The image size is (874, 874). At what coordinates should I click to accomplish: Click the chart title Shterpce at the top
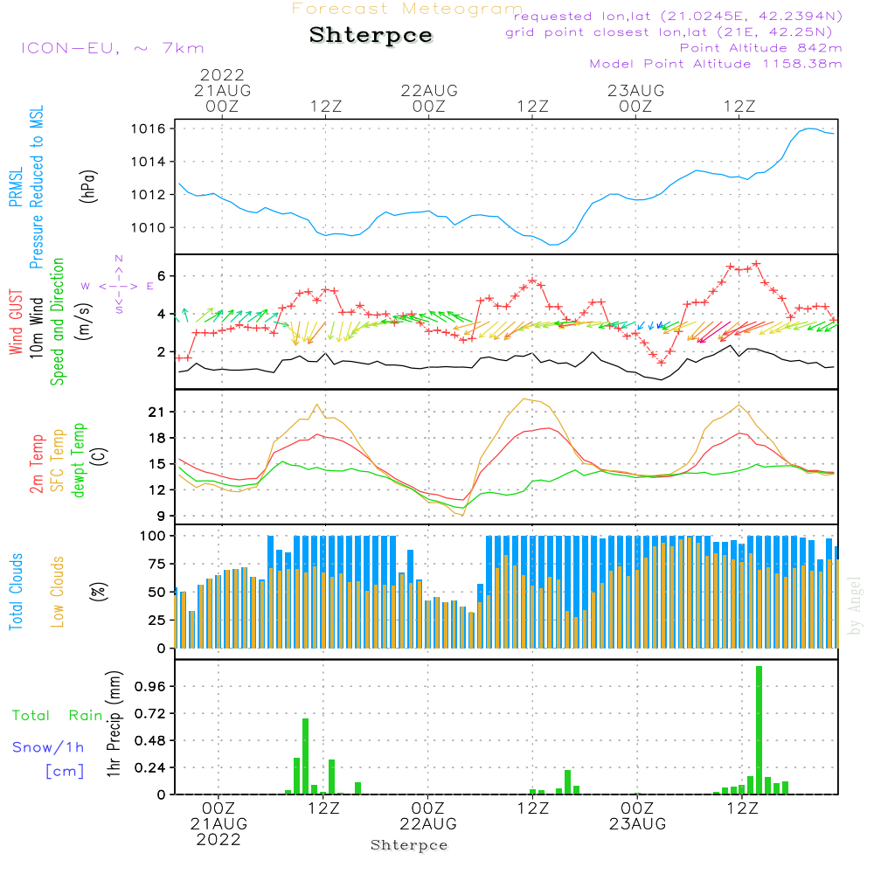coord(371,36)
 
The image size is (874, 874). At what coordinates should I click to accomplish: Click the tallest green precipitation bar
coord(759,730)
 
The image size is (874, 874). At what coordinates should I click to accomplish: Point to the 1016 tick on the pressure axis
coord(155,129)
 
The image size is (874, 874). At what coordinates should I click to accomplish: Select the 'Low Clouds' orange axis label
coord(59,591)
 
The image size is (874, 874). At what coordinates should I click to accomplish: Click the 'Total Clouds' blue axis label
coord(16,592)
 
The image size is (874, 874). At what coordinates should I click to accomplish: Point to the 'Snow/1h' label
coord(48,747)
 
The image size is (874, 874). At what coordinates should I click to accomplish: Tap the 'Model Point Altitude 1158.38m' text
coord(715,64)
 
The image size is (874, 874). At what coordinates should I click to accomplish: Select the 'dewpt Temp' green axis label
coord(80,460)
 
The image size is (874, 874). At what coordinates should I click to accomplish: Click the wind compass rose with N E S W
coord(119,285)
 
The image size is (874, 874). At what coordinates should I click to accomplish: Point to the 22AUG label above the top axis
coord(429,90)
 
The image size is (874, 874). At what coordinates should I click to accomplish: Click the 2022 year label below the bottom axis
coord(218,839)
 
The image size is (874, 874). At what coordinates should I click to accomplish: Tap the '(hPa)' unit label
coord(88,185)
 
